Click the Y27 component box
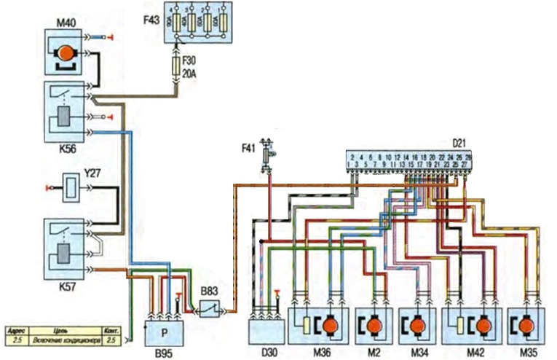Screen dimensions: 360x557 coord(71,187)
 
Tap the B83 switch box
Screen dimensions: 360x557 coord(210,310)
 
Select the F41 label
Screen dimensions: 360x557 coord(250,150)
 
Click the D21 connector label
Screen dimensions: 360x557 coord(460,145)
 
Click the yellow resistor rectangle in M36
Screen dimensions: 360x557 coord(308,325)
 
